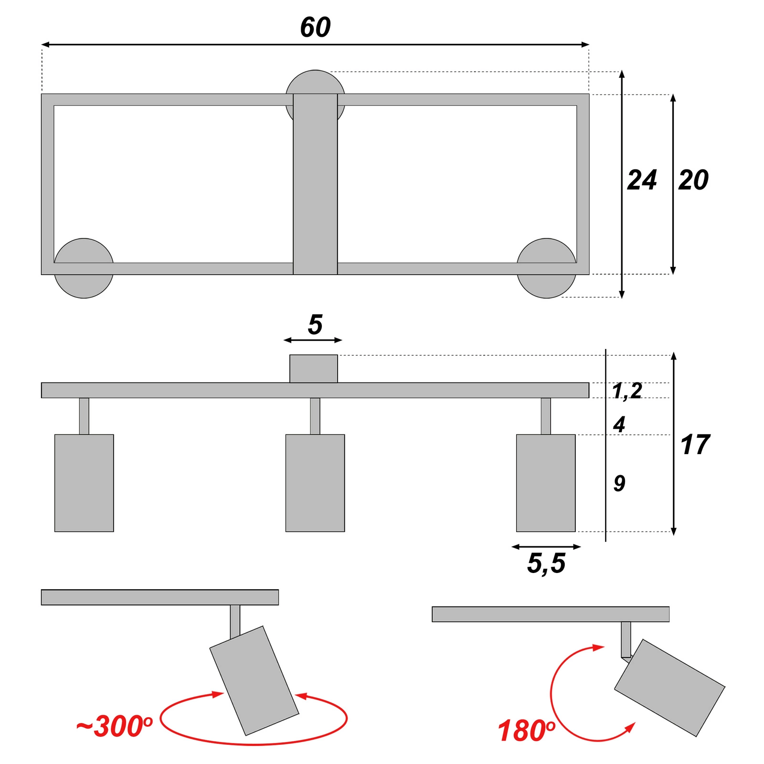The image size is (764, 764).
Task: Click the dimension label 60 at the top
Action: click(315, 27)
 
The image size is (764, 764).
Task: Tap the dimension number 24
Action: click(642, 180)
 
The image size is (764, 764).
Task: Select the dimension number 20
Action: click(693, 180)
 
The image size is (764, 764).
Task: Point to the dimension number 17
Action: click(695, 445)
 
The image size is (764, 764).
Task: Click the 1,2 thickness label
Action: click(627, 391)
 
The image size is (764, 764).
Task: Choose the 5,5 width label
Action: click(546, 563)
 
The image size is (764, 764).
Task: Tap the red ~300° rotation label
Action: click(115, 726)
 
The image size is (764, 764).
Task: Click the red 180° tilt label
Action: click(526, 731)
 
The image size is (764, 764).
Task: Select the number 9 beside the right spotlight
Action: click(619, 483)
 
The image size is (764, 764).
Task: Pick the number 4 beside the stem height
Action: click(619, 424)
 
